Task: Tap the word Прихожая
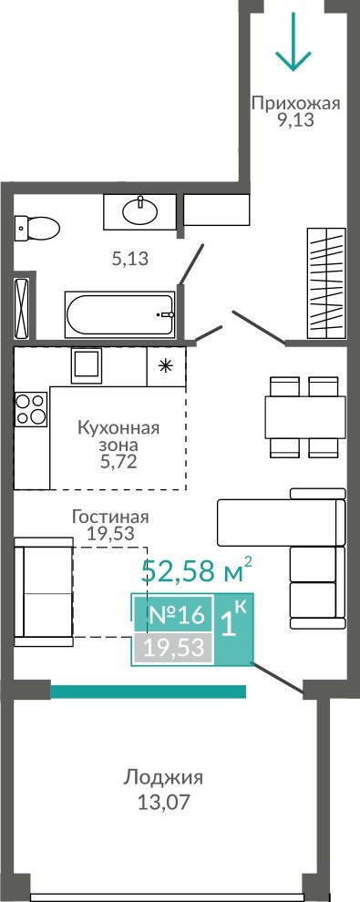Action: click(296, 104)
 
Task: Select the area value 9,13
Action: click(296, 120)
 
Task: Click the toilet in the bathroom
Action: click(36, 229)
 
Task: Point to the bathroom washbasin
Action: click(139, 211)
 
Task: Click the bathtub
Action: click(120, 316)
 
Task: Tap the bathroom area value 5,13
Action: click(130, 259)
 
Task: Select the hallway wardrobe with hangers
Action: click(326, 282)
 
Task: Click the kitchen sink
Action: click(87, 365)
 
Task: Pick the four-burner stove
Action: click(31, 409)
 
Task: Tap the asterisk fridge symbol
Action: click(166, 366)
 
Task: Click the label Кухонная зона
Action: click(118, 436)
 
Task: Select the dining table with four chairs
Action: click(304, 417)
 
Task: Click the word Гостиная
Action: click(110, 517)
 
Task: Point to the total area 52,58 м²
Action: click(197, 569)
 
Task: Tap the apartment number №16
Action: click(177, 615)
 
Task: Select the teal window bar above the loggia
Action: click(149, 692)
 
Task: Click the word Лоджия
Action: click(163, 779)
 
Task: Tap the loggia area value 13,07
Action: click(163, 802)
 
